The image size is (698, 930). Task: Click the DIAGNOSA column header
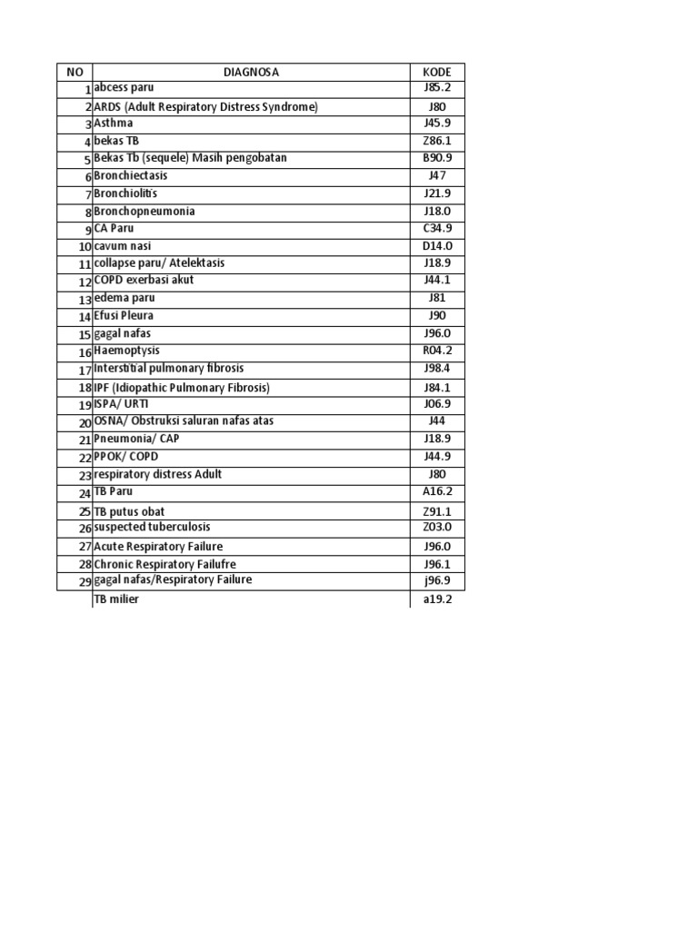click(x=251, y=72)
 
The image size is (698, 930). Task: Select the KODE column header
click(x=437, y=72)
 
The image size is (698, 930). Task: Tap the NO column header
click(x=74, y=72)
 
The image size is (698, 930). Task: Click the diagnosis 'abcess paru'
click(x=125, y=88)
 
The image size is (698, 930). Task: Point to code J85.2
click(x=437, y=88)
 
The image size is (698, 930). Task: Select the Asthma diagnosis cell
click(x=114, y=124)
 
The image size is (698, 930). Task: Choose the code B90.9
click(x=437, y=158)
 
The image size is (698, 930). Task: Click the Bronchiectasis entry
click(x=131, y=175)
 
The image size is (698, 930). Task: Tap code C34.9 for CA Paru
click(x=437, y=228)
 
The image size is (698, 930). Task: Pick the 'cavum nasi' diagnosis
click(x=123, y=246)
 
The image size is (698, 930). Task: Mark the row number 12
click(x=85, y=282)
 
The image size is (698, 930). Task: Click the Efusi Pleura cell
click(x=124, y=316)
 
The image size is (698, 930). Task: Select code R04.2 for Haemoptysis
click(x=437, y=351)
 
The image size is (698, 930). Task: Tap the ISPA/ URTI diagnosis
click(x=121, y=404)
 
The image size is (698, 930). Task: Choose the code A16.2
click(x=437, y=491)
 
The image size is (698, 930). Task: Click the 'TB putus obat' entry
click(x=129, y=511)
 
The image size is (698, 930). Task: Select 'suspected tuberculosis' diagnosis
click(x=145, y=528)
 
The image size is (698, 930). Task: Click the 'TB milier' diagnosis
click(x=117, y=600)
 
